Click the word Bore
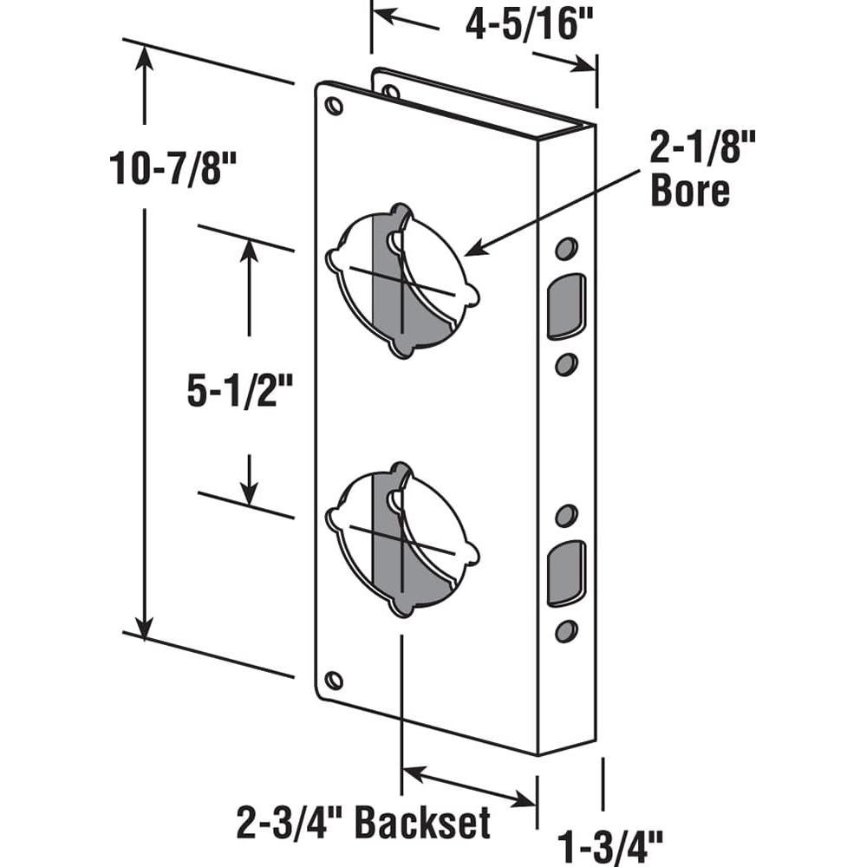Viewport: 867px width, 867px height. click(690, 192)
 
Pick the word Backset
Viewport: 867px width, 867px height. click(424, 822)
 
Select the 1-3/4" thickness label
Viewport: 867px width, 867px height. click(610, 840)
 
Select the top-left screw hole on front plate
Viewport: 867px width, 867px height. click(334, 106)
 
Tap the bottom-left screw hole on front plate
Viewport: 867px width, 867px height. click(334, 680)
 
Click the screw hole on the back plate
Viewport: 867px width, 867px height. click(391, 90)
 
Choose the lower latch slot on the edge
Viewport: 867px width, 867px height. click(565, 572)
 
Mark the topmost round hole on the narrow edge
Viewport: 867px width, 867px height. click(565, 249)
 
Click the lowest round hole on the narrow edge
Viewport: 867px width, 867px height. click(565, 630)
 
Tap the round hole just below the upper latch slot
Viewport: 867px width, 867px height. click(565, 364)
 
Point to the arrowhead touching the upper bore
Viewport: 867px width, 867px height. click(473, 251)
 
